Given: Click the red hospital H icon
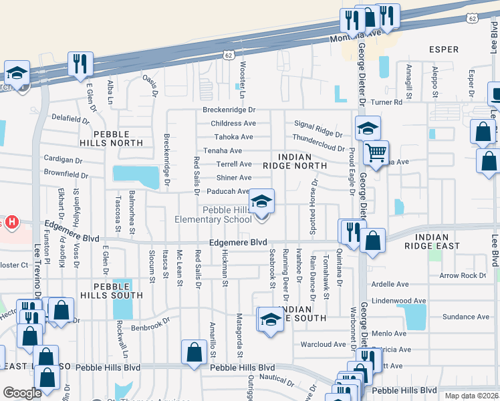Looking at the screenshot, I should pos(10,221).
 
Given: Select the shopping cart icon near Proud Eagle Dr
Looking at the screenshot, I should pos(376,153).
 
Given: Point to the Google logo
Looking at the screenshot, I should pos(22,393).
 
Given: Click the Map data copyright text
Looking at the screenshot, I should pos(471,396).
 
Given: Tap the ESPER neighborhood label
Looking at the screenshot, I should pos(444,49).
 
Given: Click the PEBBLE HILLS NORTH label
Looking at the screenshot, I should pos(118,138).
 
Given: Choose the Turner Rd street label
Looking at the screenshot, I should pos(407,102).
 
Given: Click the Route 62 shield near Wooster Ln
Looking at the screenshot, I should pos(228,57).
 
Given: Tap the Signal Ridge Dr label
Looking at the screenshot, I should pos(318,124).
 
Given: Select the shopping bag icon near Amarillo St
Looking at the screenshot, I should pos(194,352).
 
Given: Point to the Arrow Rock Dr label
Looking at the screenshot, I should pos(463,275).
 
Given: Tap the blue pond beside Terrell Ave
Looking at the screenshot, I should pos(136,174).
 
